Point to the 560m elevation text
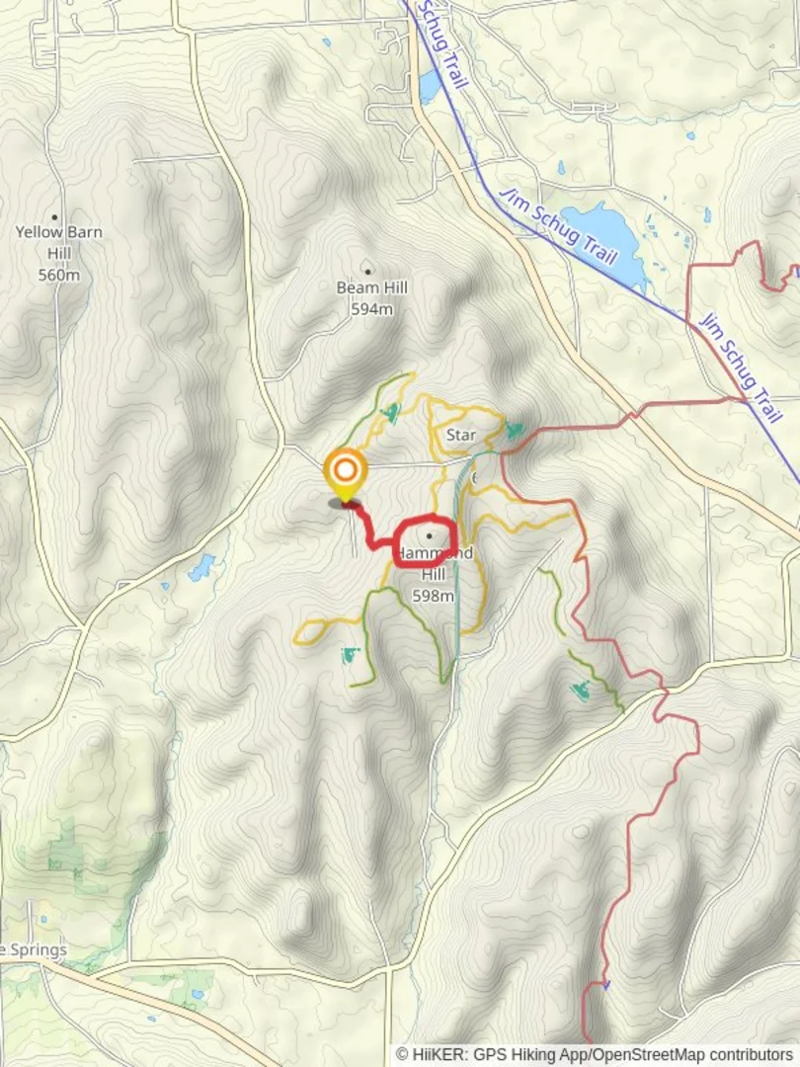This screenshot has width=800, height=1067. (58, 275)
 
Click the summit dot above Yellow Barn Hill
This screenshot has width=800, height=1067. (54, 216)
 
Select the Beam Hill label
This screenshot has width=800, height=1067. (372, 287)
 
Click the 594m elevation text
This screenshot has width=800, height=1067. (372, 309)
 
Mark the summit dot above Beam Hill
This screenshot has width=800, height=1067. (368, 269)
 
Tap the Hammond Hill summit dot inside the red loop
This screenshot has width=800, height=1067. (430, 536)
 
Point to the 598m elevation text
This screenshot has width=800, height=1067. (434, 596)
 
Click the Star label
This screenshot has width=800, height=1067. (461, 435)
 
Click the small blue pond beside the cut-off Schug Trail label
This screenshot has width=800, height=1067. (430, 87)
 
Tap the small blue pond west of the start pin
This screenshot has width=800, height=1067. (201, 567)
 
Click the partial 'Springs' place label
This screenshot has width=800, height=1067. (34, 950)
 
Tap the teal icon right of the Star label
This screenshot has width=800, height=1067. (515, 430)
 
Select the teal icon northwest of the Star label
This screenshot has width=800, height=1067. (392, 412)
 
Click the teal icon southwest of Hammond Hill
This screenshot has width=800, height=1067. (351, 655)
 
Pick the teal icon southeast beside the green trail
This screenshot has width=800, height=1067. (581, 691)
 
